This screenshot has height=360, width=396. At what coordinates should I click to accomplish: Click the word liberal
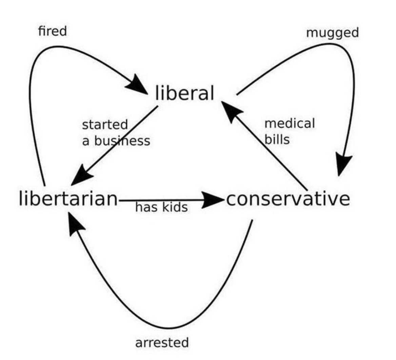pyautogui.click(x=185, y=93)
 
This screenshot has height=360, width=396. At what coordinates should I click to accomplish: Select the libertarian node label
pyautogui.click(x=68, y=198)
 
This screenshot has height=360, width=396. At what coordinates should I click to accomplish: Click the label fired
pyautogui.click(x=53, y=31)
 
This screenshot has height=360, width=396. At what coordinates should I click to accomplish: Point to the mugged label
pyautogui.click(x=332, y=33)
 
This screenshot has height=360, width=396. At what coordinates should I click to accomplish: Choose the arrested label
pyautogui.click(x=162, y=343)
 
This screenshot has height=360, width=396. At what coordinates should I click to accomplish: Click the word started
pyautogui.click(x=105, y=125)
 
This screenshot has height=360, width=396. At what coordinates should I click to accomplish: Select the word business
pyautogui.click(x=122, y=141)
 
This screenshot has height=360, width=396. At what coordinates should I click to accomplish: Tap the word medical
pyautogui.click(x=290, y=123)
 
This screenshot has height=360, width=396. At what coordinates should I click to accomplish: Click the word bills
pyautogui.click(x=277, y=139)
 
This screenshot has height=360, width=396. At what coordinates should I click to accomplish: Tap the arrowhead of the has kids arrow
pyautogui.click(x=212, y=200)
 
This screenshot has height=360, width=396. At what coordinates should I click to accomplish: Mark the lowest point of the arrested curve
pyautogui.click(x=169, y=328)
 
